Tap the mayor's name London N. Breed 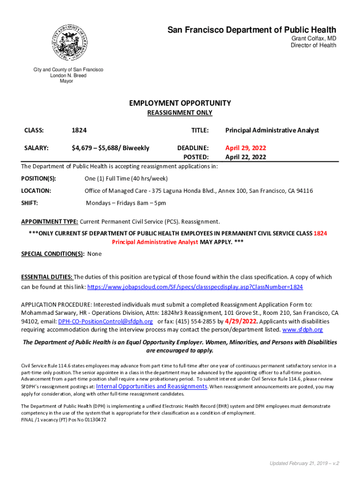point(68,75)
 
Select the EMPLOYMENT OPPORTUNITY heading point(180,103)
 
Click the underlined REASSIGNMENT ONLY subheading point(180,113)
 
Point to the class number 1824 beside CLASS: point(79,130)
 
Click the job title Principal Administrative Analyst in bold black point(272,130)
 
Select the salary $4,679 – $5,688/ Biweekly point(110,148)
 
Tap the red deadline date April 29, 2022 point(245,148)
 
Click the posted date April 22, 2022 point(245,157)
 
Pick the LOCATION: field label point(36,191)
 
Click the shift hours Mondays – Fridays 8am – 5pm point(126,203)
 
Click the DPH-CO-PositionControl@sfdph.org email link point(106,321)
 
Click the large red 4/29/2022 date point(241,321)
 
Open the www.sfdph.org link point(303,329)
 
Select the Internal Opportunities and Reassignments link point(151,386)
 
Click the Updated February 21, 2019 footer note point(304,463)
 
